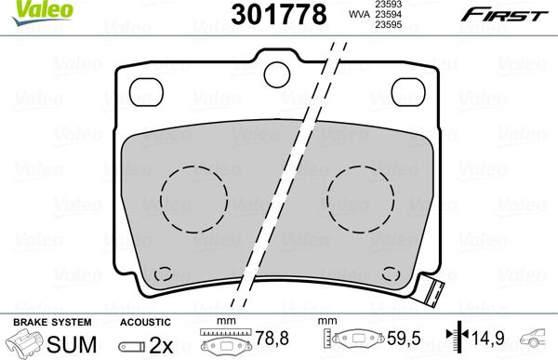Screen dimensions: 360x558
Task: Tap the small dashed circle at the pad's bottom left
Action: click(x=165, y=274)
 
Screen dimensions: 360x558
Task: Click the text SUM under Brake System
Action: click(x=64, y=342)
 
